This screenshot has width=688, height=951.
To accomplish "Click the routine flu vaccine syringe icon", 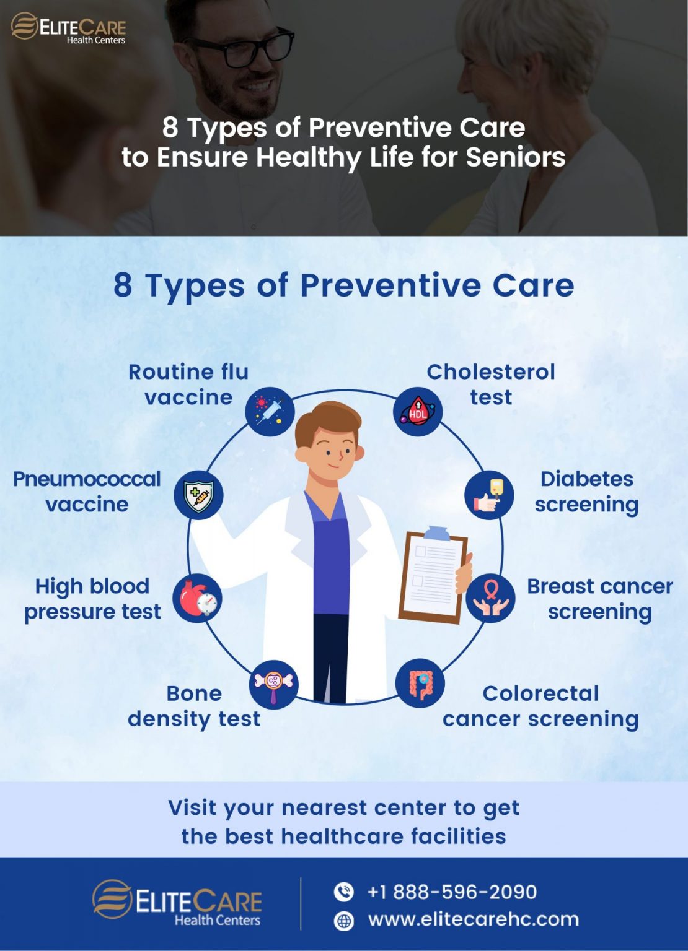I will point(270,412).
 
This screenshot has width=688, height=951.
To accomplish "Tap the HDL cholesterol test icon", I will point(418,412).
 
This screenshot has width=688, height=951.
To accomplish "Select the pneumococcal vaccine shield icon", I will point(198,495).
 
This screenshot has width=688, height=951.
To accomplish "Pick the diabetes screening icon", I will point(489,495).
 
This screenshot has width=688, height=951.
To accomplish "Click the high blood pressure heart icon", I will point(197,598).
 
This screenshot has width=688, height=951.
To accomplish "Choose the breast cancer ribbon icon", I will point(490,598).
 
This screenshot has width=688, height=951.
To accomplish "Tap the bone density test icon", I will point(273,684).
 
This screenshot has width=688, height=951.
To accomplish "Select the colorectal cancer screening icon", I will point(420,684).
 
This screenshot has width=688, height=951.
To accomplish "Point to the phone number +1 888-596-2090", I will point(452,892).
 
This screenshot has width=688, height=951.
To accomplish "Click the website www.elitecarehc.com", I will point(474,919).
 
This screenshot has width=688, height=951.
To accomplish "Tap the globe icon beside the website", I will point(344,921).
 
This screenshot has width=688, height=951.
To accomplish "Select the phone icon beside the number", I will point(344,892).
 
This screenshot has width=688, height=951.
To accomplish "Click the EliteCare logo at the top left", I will point(68,28).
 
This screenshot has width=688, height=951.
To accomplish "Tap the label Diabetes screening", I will point(586,492).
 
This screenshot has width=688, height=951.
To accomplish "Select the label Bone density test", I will point(194,706).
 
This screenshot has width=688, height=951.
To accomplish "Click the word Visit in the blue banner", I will point(192,807).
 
